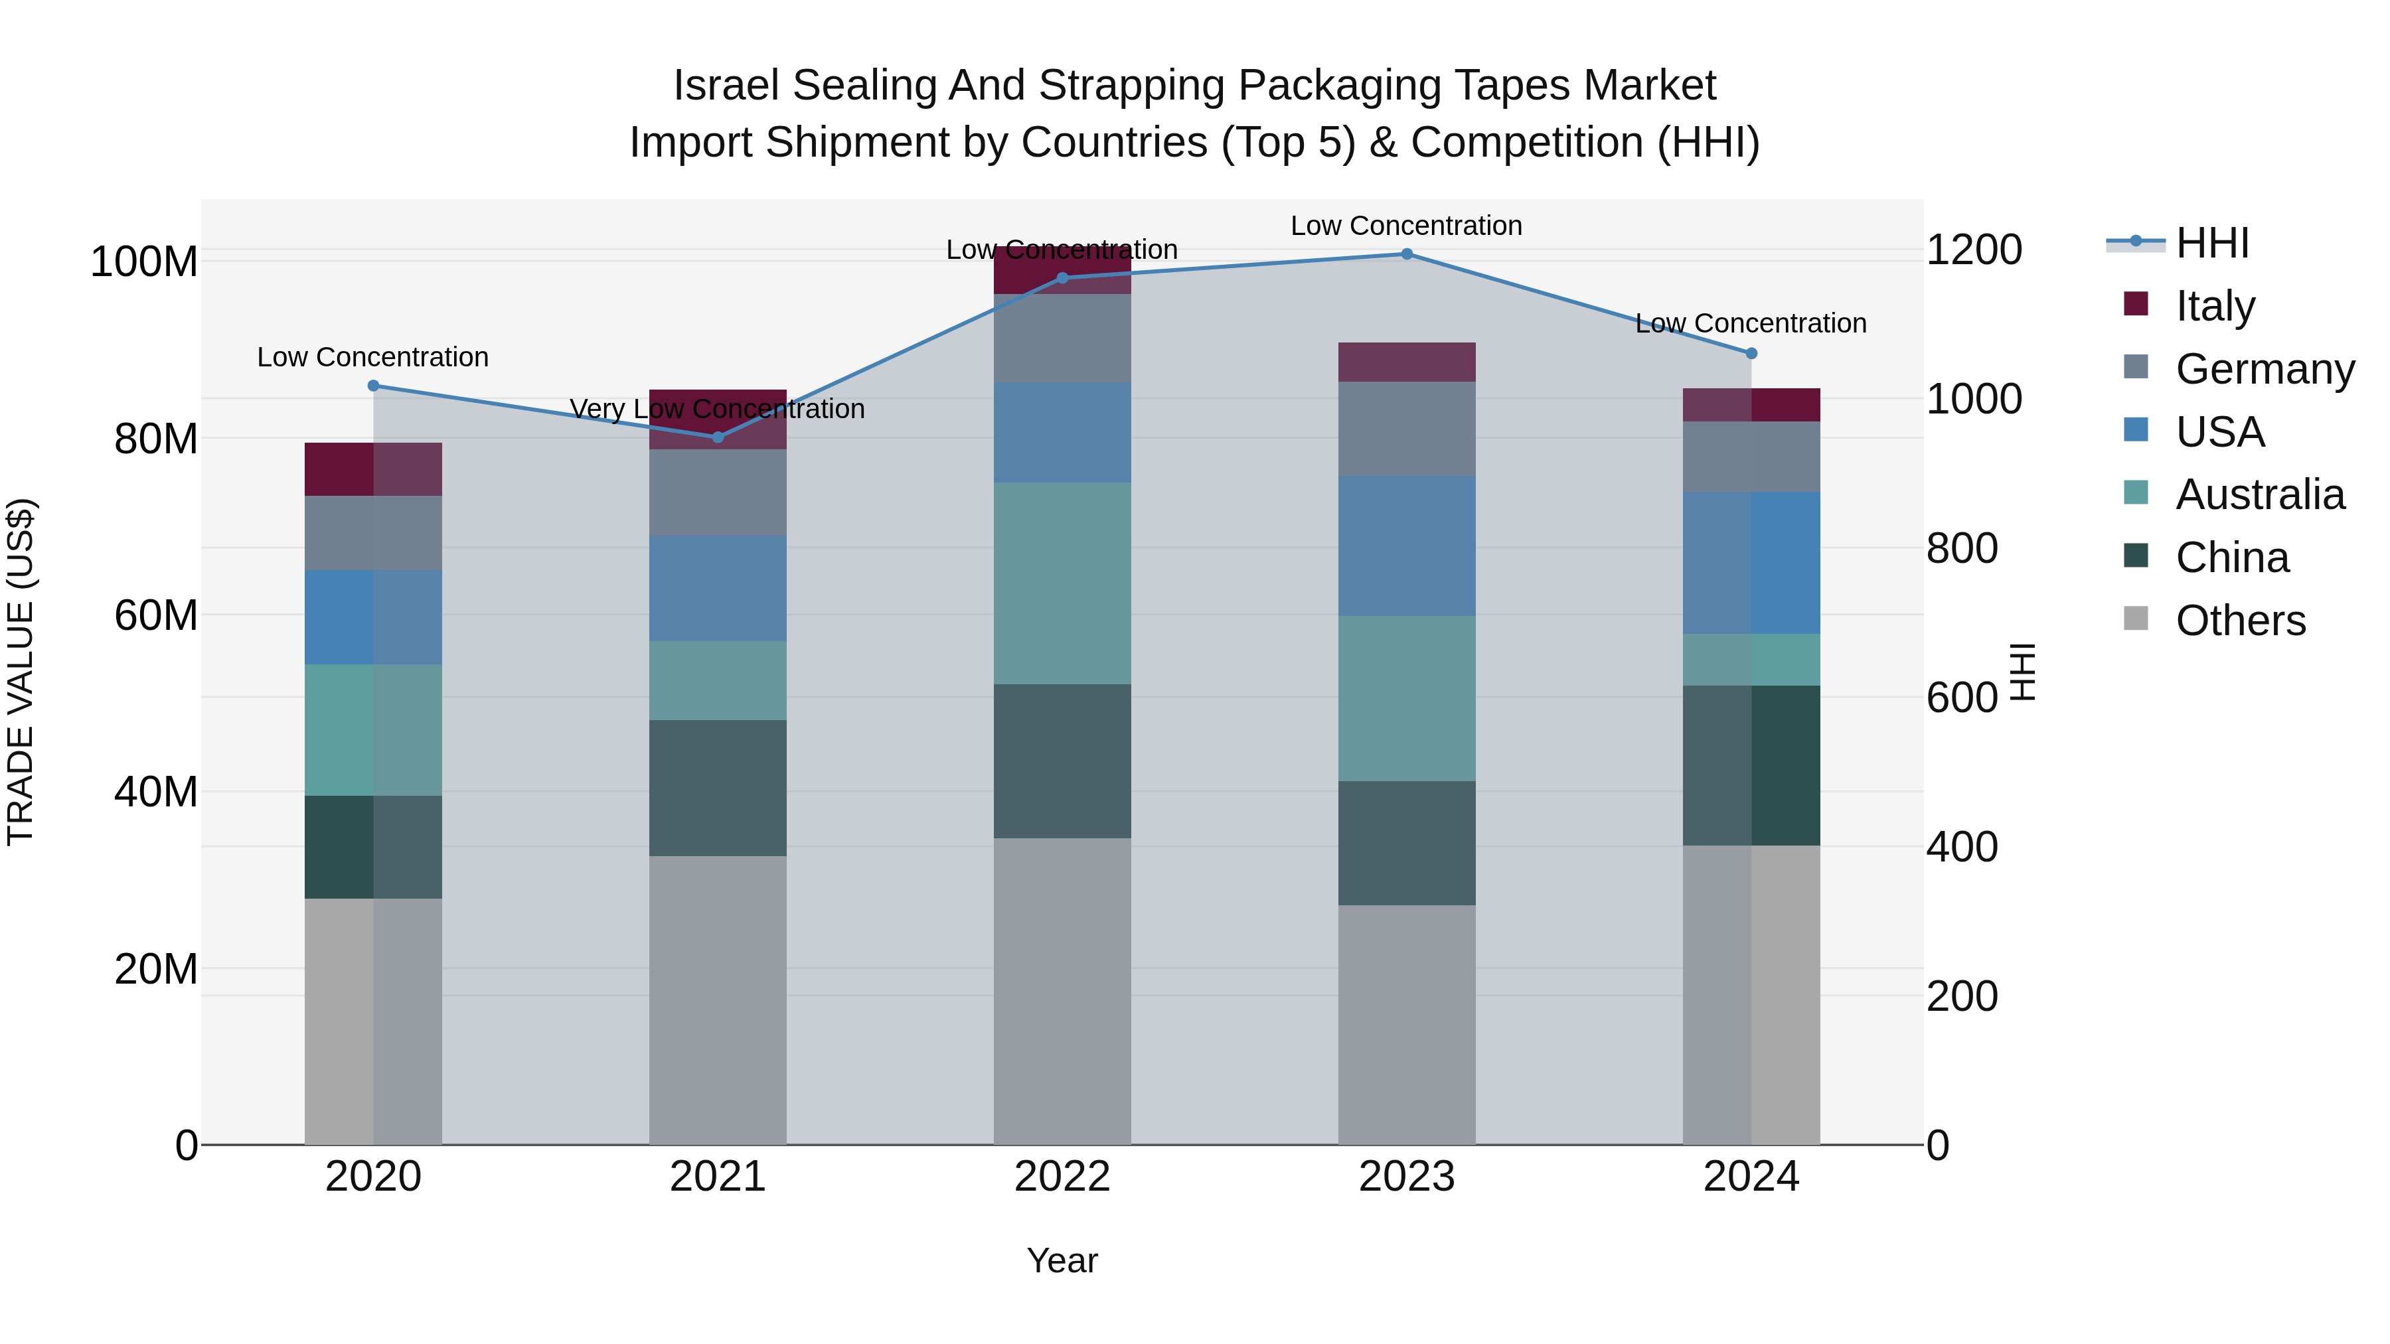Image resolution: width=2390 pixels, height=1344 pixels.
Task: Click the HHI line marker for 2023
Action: click(1407, 254)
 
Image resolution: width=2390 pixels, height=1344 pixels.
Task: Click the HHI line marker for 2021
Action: click(717, 437)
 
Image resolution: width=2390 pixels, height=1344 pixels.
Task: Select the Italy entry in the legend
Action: click(2215, 306)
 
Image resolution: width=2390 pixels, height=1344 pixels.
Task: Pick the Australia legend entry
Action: click(2259, 494)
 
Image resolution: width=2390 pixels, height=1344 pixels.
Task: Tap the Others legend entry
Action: click(2240, 621)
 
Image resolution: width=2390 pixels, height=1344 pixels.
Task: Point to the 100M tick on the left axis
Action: click(144, 261)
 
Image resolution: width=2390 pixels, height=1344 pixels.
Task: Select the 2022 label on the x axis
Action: click(1062, 1177)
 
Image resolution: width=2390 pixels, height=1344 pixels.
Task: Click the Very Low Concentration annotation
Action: click(717, 409)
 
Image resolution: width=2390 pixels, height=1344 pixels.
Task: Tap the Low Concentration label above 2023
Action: click(1407, 226)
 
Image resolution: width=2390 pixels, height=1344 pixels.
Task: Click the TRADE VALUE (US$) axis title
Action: click(21, 672)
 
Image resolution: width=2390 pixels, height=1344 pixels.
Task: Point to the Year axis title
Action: click(1062, 1260)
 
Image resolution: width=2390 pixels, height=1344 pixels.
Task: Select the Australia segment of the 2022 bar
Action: click(1062, 583)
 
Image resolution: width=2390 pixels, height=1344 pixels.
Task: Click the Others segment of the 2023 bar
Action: click(1407, 1024)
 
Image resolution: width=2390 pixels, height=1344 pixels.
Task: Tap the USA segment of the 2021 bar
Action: click(717, 588)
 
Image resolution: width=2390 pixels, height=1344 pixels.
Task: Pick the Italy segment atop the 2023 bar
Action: click(1407, 362)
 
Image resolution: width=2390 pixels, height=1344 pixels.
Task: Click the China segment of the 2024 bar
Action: click(1752, 765)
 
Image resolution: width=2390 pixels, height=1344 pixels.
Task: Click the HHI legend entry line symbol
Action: click(2135, 242)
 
